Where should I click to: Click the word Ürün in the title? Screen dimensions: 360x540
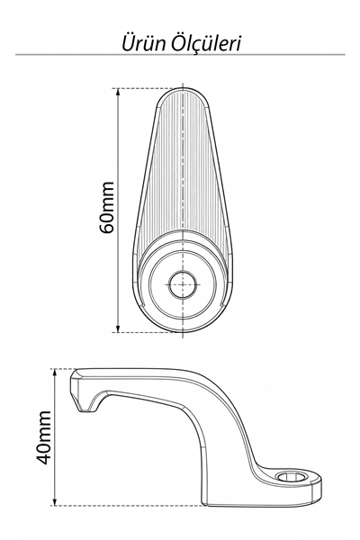point(144,43)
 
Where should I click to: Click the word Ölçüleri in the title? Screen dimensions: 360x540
point(207,43)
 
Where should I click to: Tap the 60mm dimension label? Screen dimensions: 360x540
point(107,208)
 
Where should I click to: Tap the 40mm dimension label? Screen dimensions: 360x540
point(43,437)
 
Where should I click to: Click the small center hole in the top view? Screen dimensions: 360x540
point(183,284)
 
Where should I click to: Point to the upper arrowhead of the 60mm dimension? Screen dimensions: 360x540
point(118,93)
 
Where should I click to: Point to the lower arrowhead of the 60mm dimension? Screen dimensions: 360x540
point(118,328)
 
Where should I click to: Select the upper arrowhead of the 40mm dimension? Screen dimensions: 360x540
point(54,373)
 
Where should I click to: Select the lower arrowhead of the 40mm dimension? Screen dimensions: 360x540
point(54,501)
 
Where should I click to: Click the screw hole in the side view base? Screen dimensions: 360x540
point(292,477)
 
